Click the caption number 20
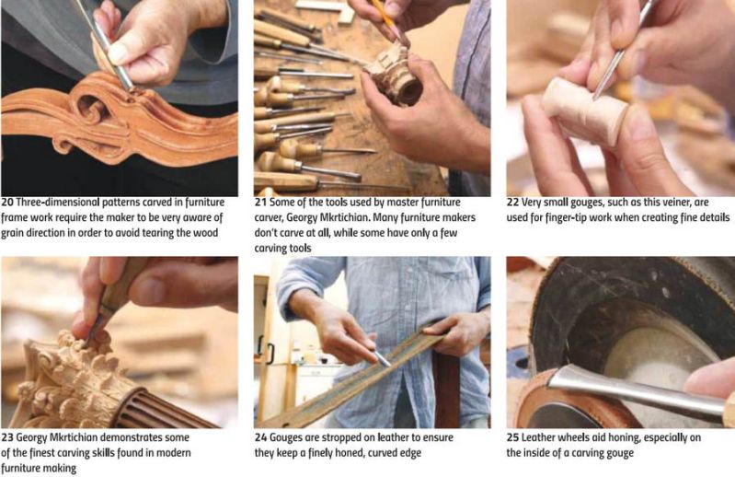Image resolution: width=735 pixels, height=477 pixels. [x=7, y=203]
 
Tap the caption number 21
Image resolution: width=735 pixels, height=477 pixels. [x=260, y=203]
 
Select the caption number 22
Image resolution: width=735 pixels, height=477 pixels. [x=512, y=203]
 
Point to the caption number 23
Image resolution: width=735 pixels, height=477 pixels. [x=7, y=437]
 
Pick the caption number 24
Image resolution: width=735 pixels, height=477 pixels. [x=260, y=437]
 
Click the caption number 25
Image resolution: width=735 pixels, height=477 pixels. [x=512, y=437]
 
